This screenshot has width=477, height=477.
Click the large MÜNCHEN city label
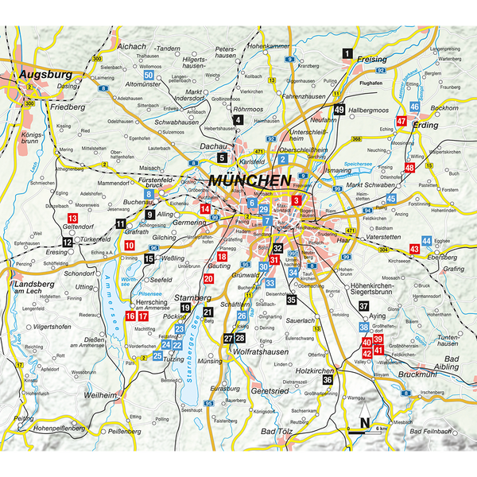(x=250, y=181)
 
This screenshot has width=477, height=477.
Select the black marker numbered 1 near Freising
(x=347, y=53)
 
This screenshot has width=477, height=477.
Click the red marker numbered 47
(x=401, y=122)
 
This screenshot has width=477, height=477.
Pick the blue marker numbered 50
(x=148, y=76)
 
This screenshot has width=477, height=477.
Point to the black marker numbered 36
(x=327, y=379)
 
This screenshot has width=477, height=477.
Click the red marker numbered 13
(x=72, y=218)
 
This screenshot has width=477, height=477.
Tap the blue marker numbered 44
(x=427, y=240)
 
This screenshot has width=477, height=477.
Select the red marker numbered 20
(x=208, y=279)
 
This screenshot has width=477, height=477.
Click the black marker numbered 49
(x=339, y=110)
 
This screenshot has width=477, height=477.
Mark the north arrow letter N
(x=363, y=422)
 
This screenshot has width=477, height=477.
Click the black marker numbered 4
(x=238, y=120)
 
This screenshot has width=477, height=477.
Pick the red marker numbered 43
(x=414, y=249)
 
